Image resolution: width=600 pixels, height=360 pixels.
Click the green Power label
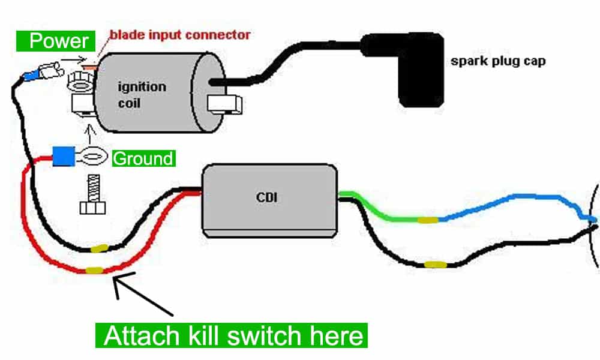tap(59, 41)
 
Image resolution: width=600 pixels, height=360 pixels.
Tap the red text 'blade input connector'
tap(179, 34)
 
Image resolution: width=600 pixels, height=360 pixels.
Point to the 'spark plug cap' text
tap(497, 61)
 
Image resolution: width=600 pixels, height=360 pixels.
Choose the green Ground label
tap(143, 159)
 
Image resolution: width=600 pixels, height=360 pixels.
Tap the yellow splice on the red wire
tap(94, 271)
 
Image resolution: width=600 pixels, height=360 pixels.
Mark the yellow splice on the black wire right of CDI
tap(434, 264)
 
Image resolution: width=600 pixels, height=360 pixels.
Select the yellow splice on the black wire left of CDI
tap(98, 247)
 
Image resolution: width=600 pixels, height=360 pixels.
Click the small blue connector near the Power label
tap(28, 76)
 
